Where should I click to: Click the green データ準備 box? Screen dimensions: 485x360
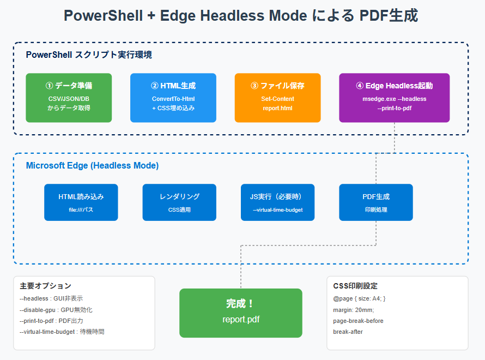click(x=69, y=98)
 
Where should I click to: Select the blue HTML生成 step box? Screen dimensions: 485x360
click(x=173, y=98)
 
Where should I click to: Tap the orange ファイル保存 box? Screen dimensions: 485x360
click(x=277, y=98)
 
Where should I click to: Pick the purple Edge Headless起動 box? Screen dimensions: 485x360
click(x=395, y=98)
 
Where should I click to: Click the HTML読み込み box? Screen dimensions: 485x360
click(x=81, y=202)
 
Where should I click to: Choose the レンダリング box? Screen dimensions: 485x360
click(x=179, y=202)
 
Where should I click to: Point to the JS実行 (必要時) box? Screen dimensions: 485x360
click(x=277, y=202)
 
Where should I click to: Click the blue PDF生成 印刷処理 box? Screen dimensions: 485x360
click(x=376, y=202)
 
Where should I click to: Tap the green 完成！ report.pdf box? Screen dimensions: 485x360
click(x=241, y=313)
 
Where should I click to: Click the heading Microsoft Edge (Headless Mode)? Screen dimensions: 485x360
click(x=92, y=166)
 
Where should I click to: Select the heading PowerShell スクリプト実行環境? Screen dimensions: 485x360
click(x=89, y=55)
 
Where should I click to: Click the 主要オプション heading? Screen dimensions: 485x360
click(x=45, y=286)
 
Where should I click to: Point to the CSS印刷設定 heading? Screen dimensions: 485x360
click(x=355, y=286)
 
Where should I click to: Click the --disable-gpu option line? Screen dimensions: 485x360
click(x=56, y=310)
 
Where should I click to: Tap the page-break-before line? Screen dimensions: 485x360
click(x=358, y=321)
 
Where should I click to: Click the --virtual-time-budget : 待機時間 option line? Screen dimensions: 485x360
click(x=62, y=332)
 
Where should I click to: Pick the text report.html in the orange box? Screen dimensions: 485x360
click(x=277, y=109)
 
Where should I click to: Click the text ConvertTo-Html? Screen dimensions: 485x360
click(x=173, y=99)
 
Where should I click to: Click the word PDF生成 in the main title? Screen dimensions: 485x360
click(x=389, y=15)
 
